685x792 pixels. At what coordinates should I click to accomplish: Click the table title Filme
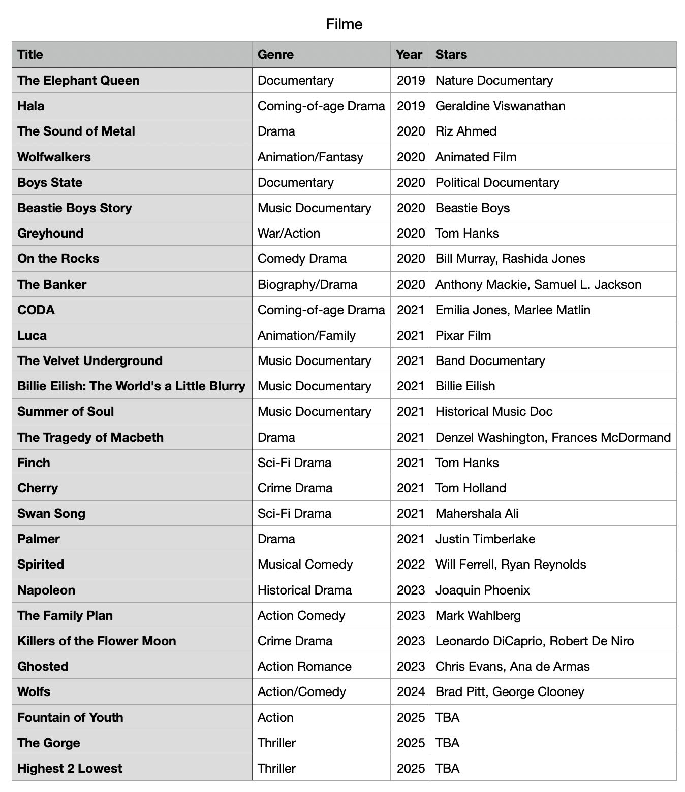344,24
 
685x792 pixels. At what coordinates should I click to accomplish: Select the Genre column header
275,55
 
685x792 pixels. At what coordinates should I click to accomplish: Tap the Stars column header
451,55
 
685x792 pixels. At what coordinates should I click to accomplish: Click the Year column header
409,55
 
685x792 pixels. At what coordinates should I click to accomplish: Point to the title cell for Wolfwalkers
54,157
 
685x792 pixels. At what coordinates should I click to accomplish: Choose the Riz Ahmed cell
466,131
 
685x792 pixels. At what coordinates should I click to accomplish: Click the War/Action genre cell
289,234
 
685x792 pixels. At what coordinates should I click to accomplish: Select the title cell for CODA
36,310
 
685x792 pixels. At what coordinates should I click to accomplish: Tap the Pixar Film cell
463,335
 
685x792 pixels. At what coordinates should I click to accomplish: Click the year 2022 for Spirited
411,565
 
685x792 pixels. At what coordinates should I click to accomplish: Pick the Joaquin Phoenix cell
482,590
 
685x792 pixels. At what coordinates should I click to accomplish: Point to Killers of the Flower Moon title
97,641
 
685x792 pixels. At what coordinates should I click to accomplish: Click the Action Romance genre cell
304,666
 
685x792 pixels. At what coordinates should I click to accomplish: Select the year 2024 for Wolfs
411,691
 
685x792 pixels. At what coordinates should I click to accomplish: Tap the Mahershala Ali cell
477,513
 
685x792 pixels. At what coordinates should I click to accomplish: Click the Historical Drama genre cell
304,590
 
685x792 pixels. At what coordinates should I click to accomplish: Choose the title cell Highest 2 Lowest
70,768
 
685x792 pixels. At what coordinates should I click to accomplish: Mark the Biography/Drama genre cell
307,284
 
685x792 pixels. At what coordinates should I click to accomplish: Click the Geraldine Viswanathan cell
500,106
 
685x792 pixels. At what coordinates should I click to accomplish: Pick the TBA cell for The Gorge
447,743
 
